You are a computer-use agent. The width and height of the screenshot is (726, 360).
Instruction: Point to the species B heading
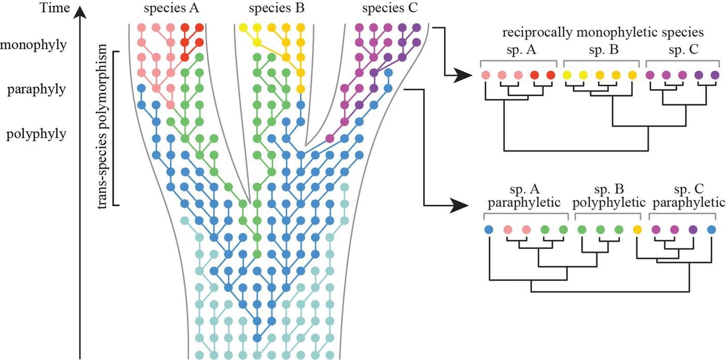(x=271, y=9)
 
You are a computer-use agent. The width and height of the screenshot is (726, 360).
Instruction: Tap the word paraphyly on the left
(x=36, y=89)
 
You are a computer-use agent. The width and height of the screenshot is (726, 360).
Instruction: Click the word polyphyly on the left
(x=36, y=133)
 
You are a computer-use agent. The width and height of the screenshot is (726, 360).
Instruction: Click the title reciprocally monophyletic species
(x=604, y=32)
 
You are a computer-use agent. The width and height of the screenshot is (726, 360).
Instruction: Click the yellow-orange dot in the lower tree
(x=638, y=230)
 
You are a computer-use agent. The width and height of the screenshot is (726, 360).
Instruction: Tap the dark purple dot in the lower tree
(x=693, y=230)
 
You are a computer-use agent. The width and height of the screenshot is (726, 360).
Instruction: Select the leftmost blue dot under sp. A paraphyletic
(x=489, y=230)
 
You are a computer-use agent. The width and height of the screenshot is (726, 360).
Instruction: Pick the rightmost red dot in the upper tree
(x=550, y=76)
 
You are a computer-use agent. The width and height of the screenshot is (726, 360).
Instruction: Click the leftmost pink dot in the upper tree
(x=486, y=76)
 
